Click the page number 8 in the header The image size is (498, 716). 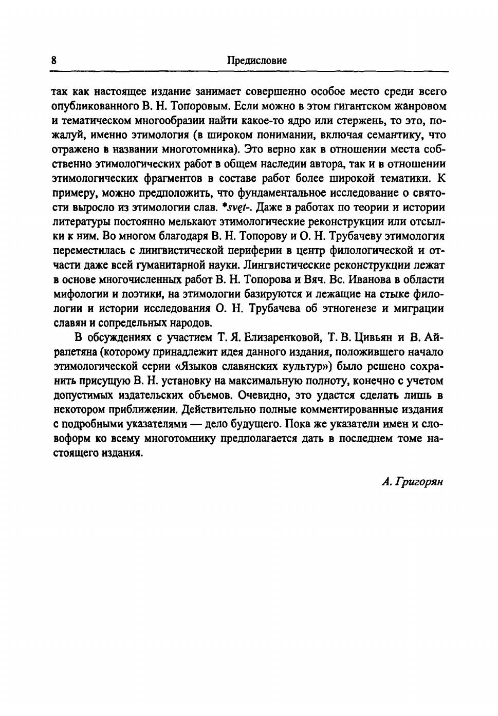(x=54, y=61)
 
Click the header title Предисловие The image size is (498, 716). (x=256, y=61)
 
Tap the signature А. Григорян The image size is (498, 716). (x=412, y=481)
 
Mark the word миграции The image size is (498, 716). (x=419, y=308)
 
